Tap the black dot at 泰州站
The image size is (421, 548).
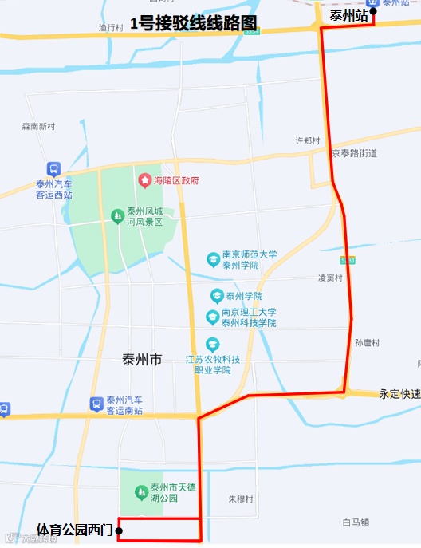pos(373,12)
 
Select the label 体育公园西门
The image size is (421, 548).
pos(75,530)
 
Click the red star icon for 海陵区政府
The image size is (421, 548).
pos(145,180)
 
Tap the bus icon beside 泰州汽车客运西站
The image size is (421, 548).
pos(53,169)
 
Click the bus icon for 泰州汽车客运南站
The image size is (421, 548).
pos(96,404)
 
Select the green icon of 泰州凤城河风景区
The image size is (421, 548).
pos(117,216)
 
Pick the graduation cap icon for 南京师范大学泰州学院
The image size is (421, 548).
pos(213,259)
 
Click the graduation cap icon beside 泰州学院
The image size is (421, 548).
pos(216,295)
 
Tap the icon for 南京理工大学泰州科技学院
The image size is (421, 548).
pos(213,317)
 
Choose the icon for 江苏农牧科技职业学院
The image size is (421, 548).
pos(212,345)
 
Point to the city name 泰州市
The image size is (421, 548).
pos(142,360)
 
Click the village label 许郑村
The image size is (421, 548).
pos(308,140)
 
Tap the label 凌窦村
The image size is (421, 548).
pos(330,278)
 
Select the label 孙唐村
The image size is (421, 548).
pos(368,342)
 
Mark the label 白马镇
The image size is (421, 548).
pos(356,522)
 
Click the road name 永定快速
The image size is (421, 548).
pos(399,394)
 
